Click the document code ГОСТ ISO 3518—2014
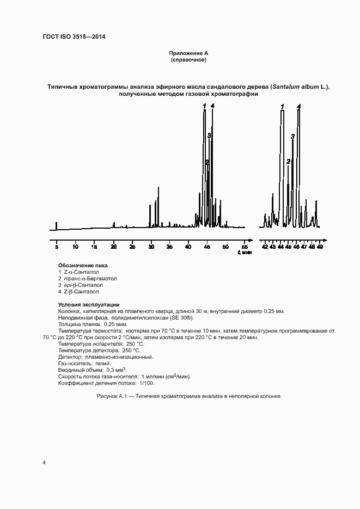point(74,37)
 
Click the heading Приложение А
point(188,53)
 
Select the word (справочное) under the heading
point(188,59)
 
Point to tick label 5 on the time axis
point(57,247)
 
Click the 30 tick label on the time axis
point(151,247)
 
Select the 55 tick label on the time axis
point(245,247)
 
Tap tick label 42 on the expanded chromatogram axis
point(265,247)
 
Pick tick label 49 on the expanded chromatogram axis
point(320,247)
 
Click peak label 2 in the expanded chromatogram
point(288,161)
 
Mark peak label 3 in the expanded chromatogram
point(292,137)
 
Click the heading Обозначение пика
point(82,266)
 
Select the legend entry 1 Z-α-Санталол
point(79,272)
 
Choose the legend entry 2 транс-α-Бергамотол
point(87,278)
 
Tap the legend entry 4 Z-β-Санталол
point(78,291)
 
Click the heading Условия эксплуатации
point(89,304)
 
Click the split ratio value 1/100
point(147,383)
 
